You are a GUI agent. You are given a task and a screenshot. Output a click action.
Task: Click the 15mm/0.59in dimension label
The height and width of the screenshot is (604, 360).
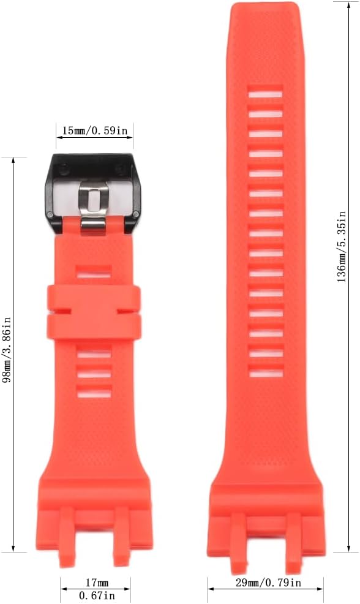click(x=95, y=130)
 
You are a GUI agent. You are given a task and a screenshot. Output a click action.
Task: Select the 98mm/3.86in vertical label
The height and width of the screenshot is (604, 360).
click(x=7, y=350)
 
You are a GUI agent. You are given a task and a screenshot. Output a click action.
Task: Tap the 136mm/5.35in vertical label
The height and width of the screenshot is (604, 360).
click(x=341, y=247)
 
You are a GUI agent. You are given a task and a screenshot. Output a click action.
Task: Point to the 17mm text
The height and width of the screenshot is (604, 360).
click(x=96, y=583)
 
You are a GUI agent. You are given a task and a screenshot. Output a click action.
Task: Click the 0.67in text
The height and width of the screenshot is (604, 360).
click(x=96, y=595)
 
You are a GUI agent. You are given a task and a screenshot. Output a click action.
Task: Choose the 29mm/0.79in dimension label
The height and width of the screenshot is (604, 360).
click(x=268, y=583)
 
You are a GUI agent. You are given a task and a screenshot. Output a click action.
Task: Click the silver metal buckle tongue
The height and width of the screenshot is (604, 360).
click(x=93, y=208)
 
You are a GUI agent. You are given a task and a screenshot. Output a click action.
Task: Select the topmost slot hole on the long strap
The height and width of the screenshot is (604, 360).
click(x=265, y=94)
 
